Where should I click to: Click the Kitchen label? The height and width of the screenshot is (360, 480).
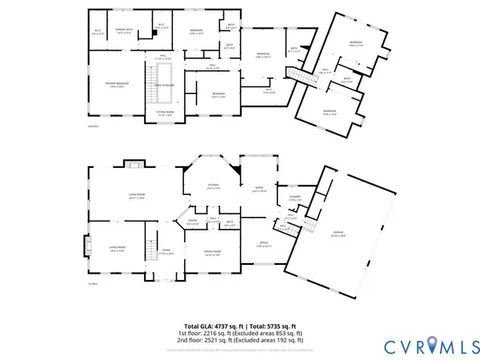pyautogui.click(x=214, y=187)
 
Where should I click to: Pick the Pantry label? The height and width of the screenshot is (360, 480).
pyautogui.click(x=193, y=223)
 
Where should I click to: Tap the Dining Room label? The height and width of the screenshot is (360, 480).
pyautogui.click(x=211, y=254)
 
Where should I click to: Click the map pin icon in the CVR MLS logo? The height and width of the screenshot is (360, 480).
pyautogui.click(x=433, y=343)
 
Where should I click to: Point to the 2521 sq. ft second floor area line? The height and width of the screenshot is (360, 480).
pyautogui.click(x=240, y=341)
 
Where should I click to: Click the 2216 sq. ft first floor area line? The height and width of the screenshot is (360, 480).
pyautogui.click(x=240, y=334)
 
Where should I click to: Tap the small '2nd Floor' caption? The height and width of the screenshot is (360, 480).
pyautogui.click(x=93, y=126)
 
